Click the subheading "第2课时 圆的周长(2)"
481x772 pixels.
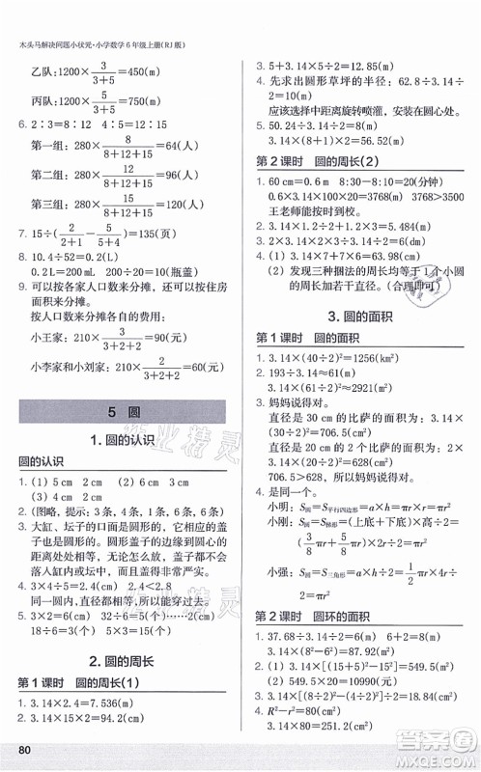click(x=328, y=160)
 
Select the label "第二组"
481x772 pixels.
click(x=50, y=175)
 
